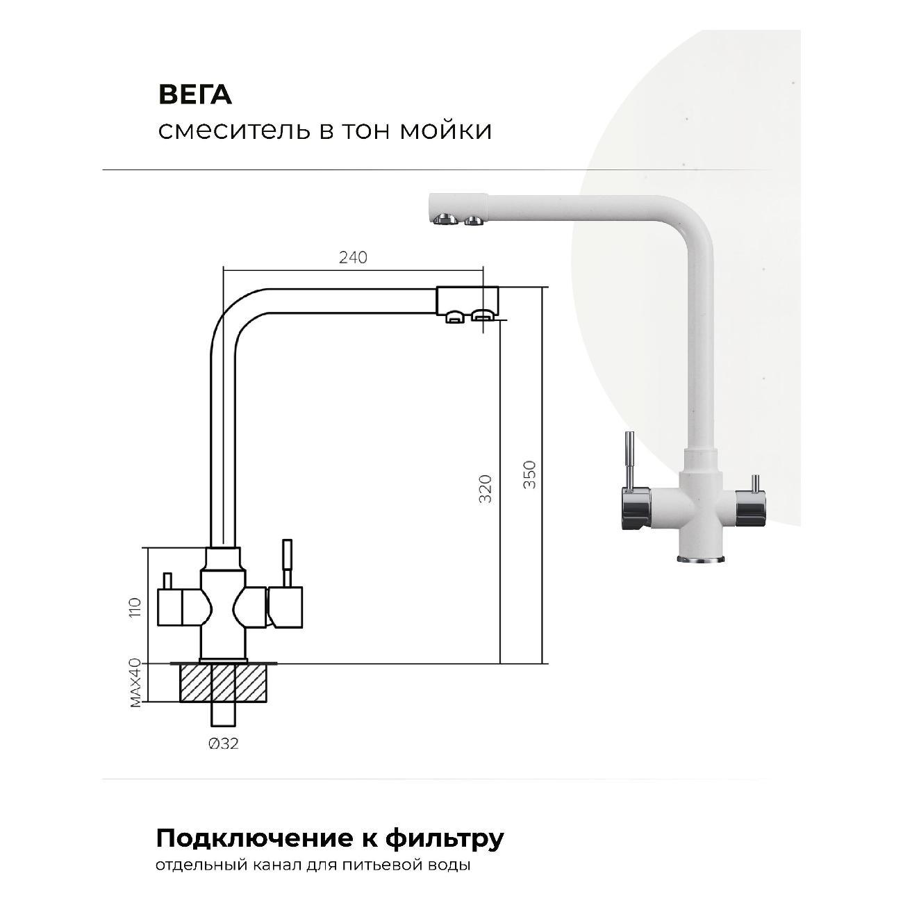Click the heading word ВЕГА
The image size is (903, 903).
point(195,95)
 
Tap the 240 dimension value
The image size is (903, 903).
point(353,257)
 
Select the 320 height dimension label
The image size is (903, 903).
point(486,489)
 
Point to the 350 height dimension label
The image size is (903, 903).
point(529,474)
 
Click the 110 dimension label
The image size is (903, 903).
point(135,607)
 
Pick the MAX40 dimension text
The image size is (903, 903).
point(135,682)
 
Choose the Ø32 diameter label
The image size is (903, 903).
point(224,743)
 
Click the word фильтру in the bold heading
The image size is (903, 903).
point(445,840)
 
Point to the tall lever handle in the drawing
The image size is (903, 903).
point(286,563)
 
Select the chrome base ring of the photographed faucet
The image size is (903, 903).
point(700,559)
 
